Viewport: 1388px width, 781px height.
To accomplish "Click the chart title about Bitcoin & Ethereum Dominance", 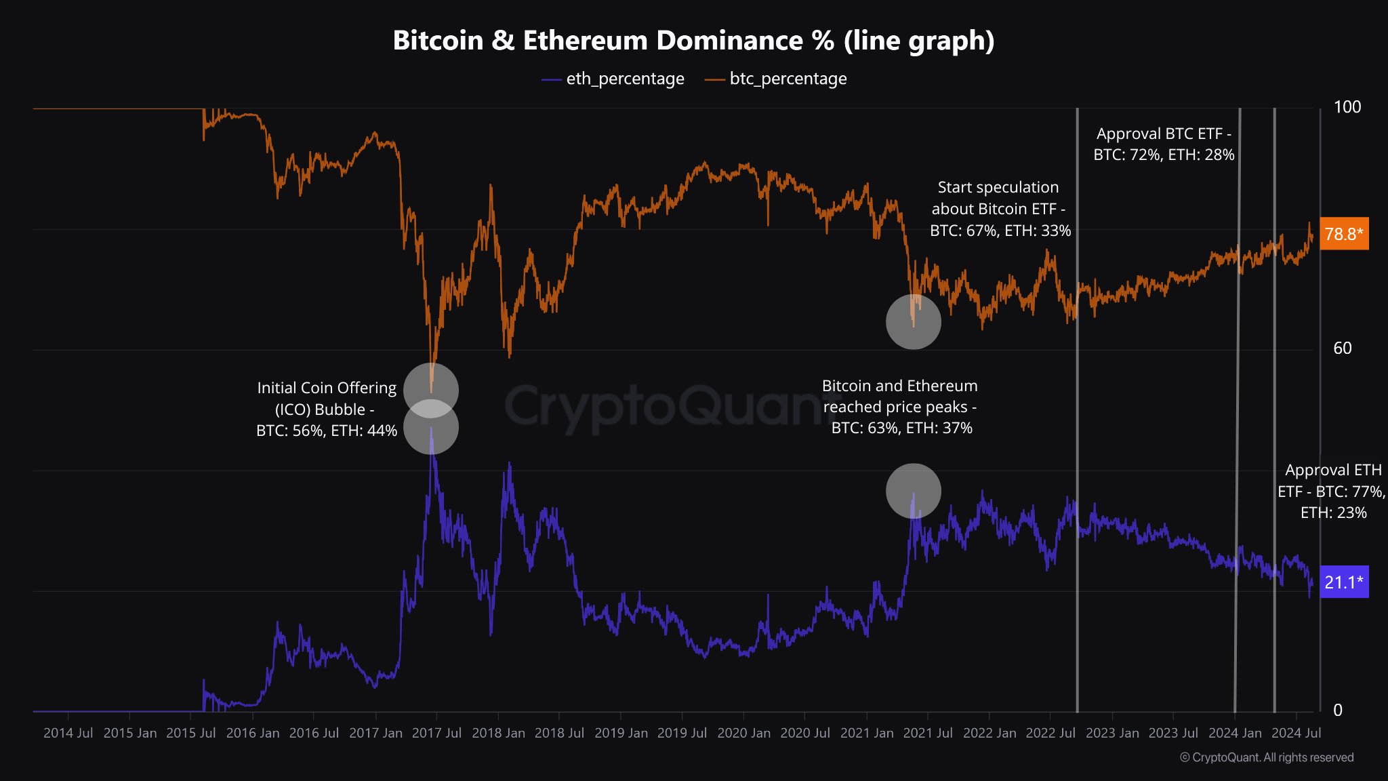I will (x=693, y=41).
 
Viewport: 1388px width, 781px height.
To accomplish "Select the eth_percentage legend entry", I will (x=613, y=79).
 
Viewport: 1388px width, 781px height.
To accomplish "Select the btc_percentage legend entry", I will (x=777, y=79).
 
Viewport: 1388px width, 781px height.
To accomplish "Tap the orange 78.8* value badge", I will (x=1343, y=234).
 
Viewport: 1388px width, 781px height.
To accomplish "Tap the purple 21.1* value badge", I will (x=1343, y=582).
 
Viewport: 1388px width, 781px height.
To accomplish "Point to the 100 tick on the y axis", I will (x=1347, y=107).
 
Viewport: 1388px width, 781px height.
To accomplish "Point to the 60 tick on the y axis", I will (x=1342, y=348).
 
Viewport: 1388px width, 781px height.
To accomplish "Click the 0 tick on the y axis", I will (x=1337, y=710).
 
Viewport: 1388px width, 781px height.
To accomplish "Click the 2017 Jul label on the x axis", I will (x=436, y=733).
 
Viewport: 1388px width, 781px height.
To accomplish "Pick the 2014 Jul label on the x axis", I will (x=68, y=733).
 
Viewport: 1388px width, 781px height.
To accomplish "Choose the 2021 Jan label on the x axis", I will (x=866, y=733).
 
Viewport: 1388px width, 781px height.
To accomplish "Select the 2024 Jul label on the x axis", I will (x=1296, y=733).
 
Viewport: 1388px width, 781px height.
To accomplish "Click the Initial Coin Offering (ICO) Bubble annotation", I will (x=327, y=409).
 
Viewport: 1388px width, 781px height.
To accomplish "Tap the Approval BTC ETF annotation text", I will (x=1164, y=144).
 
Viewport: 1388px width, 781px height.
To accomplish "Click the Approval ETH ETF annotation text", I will (x=1332, y=491).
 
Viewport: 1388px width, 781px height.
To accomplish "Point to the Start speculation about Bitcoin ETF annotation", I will (x=1000, y=209).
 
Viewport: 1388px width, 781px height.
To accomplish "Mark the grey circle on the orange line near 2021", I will (x=914, y=321).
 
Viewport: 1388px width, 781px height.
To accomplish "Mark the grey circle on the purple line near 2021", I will (x=914, y=491).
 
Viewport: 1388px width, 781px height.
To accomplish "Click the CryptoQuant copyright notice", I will (x=1267, y=757).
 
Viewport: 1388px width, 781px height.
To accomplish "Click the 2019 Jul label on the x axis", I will (x=682, y=733).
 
